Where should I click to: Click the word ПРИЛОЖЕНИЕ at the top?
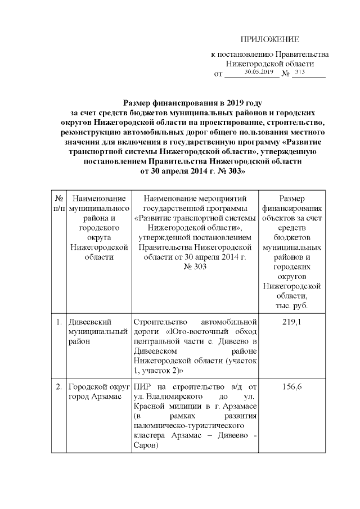[x=269, y=39]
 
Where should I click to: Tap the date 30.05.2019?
[x=259, y=72]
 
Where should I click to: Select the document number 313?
[x=300, y=72]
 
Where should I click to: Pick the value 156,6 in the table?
[x=291, y=388]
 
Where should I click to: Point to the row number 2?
[x=58, y=388]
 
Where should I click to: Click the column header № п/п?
[x=58, y=204]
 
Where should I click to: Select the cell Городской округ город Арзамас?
[x=97, y=393]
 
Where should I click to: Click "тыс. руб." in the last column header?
[x=291, y=305]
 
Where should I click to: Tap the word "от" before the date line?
[x=219, y=74]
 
